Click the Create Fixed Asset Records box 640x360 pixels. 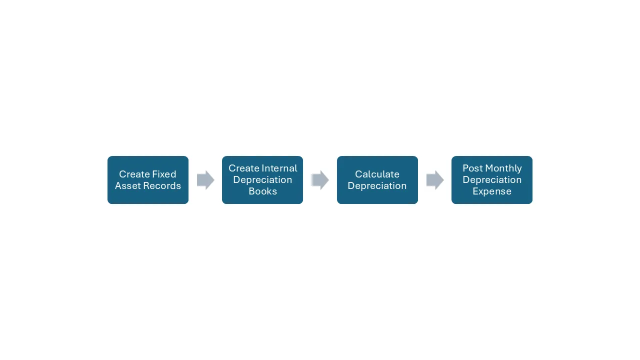tap(147, 179)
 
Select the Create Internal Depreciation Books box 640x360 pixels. tap(262, 179)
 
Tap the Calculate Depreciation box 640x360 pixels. tap(377, 179)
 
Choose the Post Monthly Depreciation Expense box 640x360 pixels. tap(491, 179)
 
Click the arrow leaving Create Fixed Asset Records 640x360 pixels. tap(205, 180)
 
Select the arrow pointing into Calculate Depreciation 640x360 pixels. tap(320, 180)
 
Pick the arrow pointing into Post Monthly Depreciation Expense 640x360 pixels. tap(435, 180)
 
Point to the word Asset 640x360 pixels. tap(127, 185)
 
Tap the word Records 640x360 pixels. tap(162, 185)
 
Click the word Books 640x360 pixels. tap(262, 191)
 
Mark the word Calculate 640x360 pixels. tap(377, 174)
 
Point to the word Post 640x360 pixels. tap(472, 168)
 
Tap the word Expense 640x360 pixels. tap(491, 191)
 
